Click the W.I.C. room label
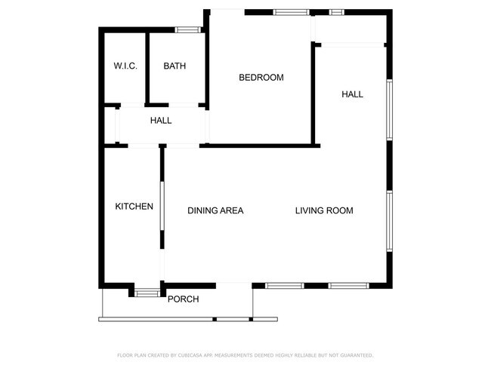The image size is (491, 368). (125, 66)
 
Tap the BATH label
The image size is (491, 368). (174, 66)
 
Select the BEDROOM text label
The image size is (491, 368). (261, 78)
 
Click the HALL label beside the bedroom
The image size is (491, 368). (352, 95)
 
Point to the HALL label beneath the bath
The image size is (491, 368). (160, 121)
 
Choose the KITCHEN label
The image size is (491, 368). (134, 207)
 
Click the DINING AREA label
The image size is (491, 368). (215, 211)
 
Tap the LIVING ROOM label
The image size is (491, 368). (323, 211)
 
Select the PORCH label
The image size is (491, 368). (183, 299)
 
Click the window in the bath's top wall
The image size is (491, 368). (188, 29)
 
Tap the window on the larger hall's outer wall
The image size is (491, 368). (390, 110)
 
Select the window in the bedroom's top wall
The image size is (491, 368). (286, 12)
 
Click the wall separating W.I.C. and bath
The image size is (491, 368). (147, 68)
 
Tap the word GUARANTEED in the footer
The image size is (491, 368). (354, 355)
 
